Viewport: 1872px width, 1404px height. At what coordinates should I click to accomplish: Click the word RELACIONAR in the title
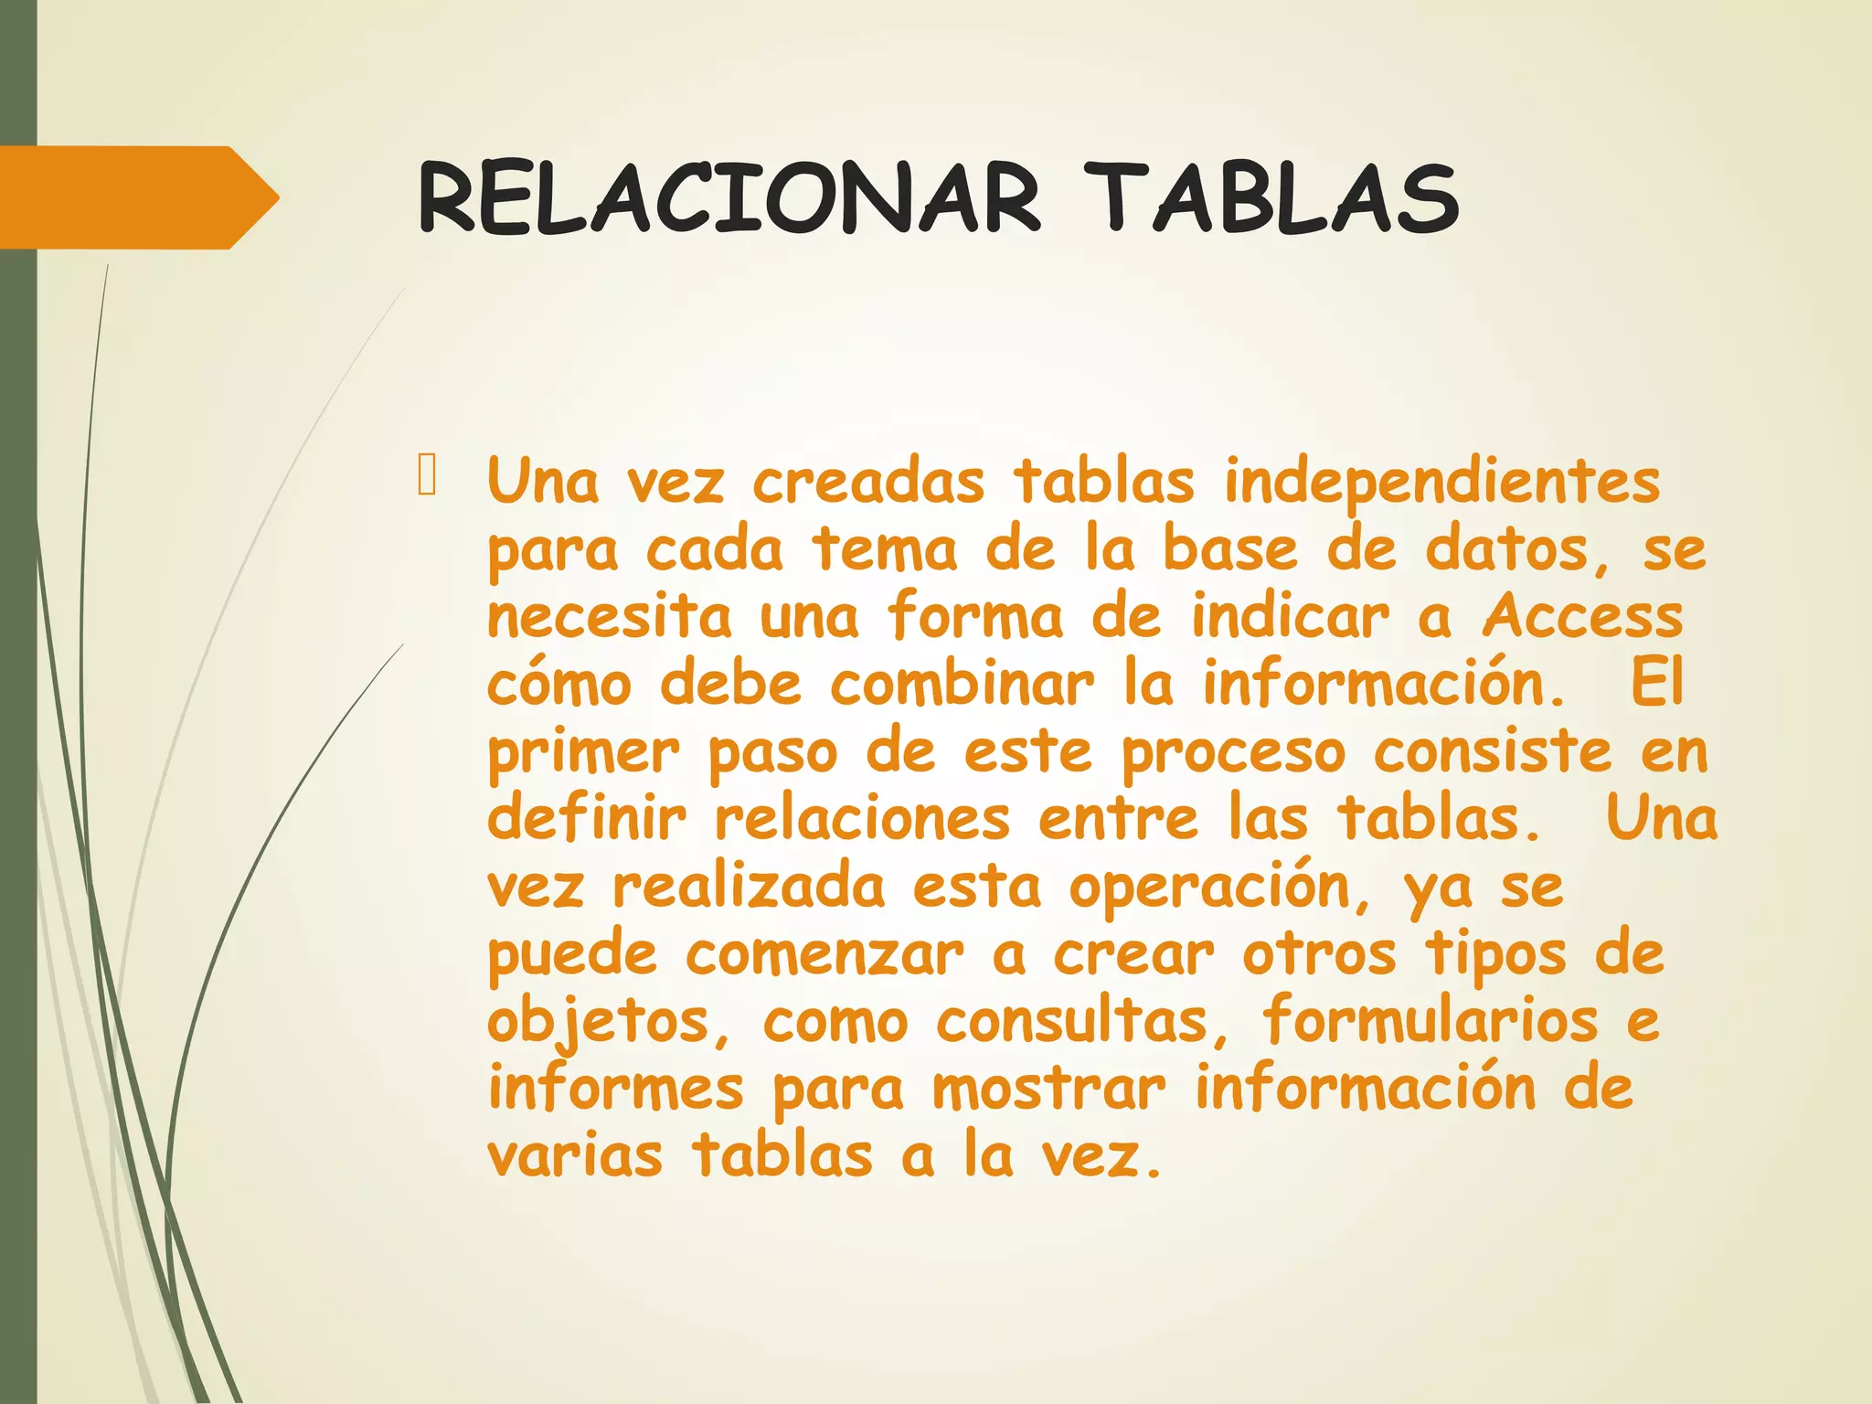click(729, 198)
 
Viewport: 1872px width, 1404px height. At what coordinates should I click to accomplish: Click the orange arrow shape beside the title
click(137, 197)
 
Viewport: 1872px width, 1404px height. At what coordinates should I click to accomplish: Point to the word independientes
click(1441, 482)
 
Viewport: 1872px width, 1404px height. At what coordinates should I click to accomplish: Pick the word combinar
click(962, 684)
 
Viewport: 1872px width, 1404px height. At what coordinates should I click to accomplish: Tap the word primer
click(583, 753)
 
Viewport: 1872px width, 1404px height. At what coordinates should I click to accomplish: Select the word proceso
click(1234, 753)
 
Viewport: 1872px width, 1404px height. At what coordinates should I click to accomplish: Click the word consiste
click(1493, 751)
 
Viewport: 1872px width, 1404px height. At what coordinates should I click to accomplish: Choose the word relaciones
click(862, 819)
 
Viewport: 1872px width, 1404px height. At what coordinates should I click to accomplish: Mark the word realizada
click(749, 887)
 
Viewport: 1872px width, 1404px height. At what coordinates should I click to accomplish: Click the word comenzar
click(824, 954)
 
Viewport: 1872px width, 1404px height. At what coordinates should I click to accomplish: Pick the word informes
click(616, 1088)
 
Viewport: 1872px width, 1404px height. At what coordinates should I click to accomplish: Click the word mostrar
click(1048, 1090)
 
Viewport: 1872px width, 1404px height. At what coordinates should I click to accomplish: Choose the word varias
click(574, 1155)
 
